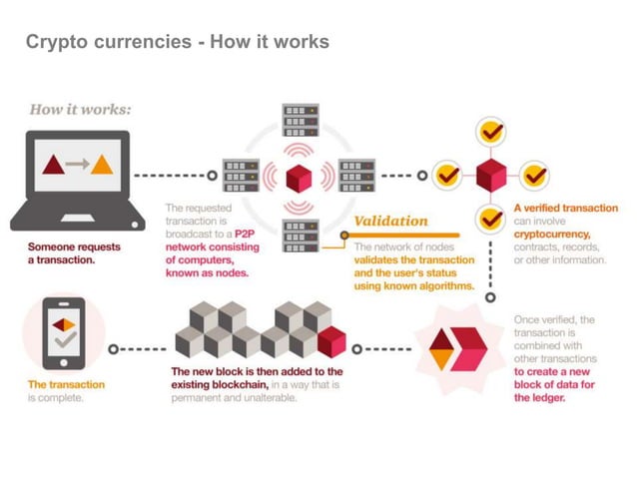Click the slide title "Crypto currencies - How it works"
tap(177, 42)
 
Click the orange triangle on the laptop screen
tap(102, 164)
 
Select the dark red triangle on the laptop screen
tap(52, 164)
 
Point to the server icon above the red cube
tap(299, 121)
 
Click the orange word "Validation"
tap(391, 221)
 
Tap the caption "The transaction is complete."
tap(65, 391)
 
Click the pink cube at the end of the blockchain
tap(330, 342)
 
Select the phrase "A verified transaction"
tap(565, 208)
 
